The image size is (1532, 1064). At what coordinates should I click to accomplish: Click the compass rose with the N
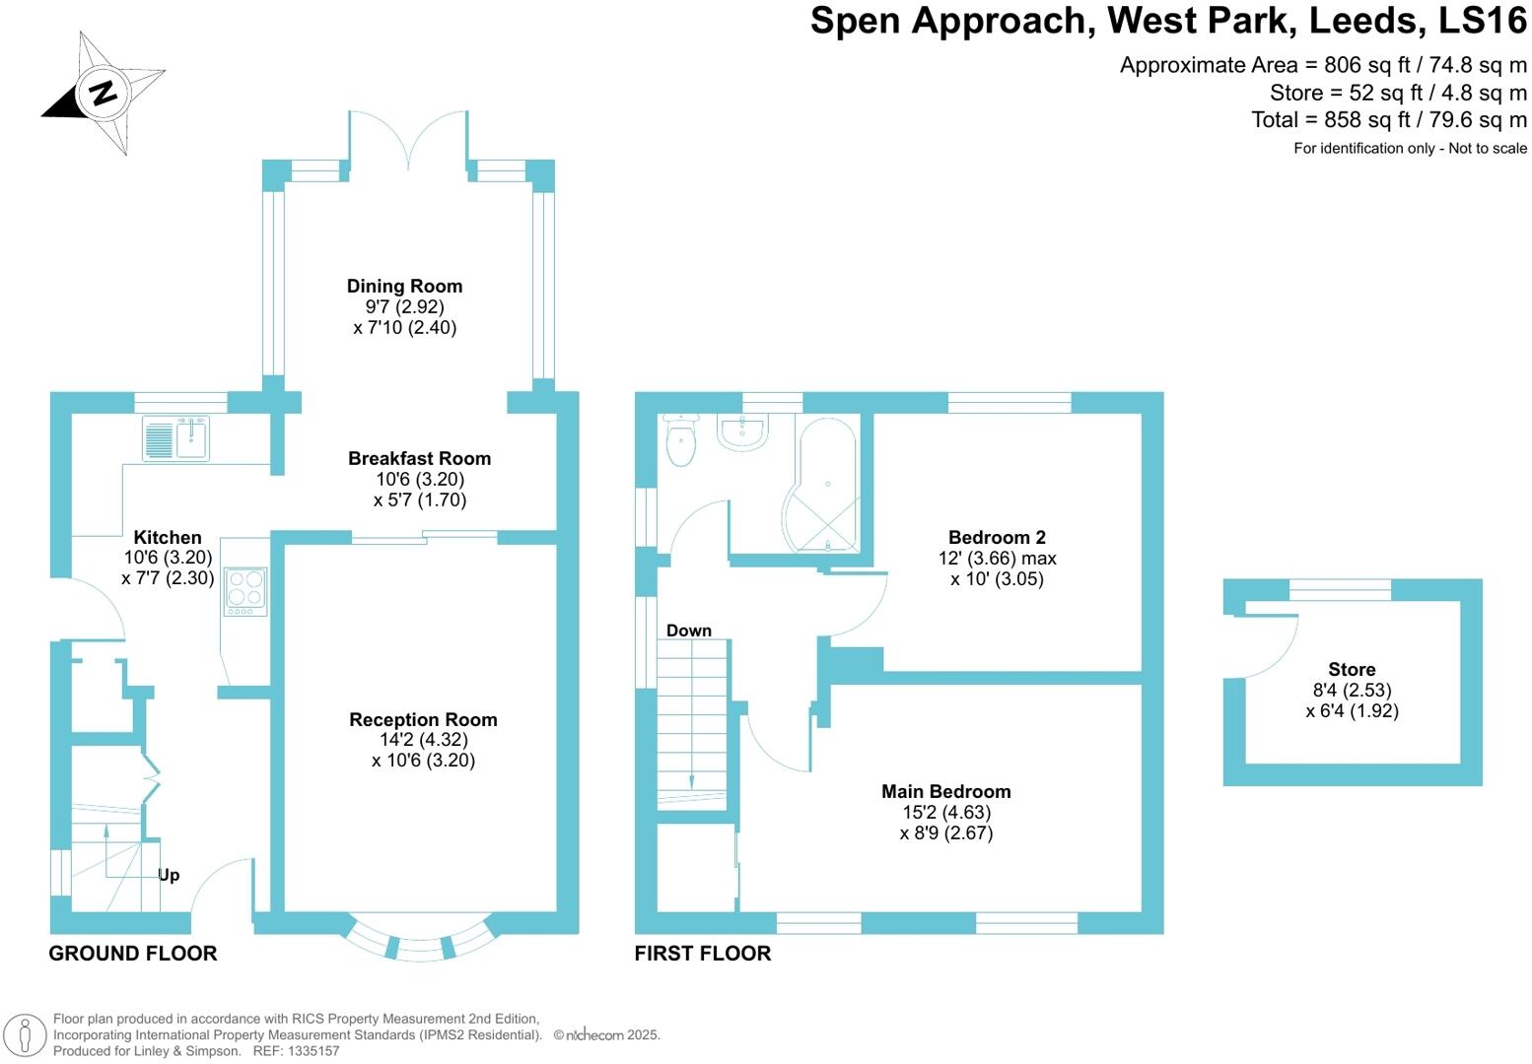pos(104,92)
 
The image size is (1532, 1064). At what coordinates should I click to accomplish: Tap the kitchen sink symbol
pos(176,438)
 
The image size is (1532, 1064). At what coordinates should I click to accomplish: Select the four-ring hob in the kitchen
pos(245,591)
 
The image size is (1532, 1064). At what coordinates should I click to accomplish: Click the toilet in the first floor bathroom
pos(680,440)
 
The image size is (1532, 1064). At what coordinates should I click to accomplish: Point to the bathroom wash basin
pos(741,432)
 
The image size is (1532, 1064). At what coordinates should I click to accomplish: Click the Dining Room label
pos(404,286)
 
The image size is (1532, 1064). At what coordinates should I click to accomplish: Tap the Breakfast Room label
pos(419,458)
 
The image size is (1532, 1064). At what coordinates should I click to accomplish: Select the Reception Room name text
pos(423,720)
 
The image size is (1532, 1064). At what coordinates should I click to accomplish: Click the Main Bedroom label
pos(945,791)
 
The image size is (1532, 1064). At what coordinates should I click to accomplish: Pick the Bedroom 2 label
pos(997,537)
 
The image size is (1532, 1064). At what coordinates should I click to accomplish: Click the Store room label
pos(1351,669)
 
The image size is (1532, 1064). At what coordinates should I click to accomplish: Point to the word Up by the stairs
pos(169,875)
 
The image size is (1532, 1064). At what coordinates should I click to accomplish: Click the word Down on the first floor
pos(688,631)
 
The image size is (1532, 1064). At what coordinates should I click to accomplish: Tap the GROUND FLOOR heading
pos(133,953)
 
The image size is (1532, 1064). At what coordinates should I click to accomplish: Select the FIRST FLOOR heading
pos(702,953)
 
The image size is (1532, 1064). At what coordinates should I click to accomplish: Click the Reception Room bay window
pos(420,944)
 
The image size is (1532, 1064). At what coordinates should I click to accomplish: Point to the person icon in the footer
pos(26,1034)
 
